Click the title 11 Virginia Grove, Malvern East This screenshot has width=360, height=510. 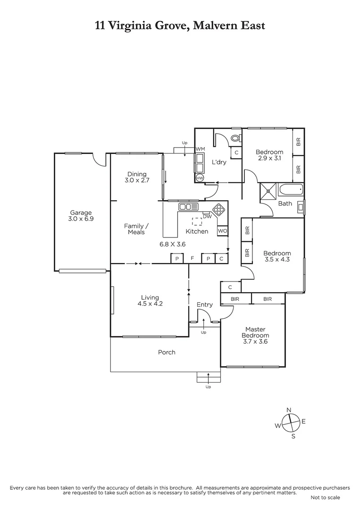point(180,25)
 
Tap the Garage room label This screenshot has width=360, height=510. point(81,216)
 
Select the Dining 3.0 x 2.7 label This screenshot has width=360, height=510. point(137,177)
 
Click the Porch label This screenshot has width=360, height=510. point(167,352)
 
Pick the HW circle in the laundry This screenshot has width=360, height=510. point(200,178)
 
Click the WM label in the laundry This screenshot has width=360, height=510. point(200,149)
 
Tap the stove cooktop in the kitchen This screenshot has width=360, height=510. point(218,209)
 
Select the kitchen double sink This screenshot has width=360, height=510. point(188,206)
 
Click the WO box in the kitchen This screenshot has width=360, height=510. point(222,231)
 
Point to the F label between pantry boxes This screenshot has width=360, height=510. point(192,258)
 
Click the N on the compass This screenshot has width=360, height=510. point(289,409)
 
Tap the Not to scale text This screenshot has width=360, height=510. point(325,497)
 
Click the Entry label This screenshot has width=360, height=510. point(205,305)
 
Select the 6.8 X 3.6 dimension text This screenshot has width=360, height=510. point(173,244)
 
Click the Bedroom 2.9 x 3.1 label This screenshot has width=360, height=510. point(269,155)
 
